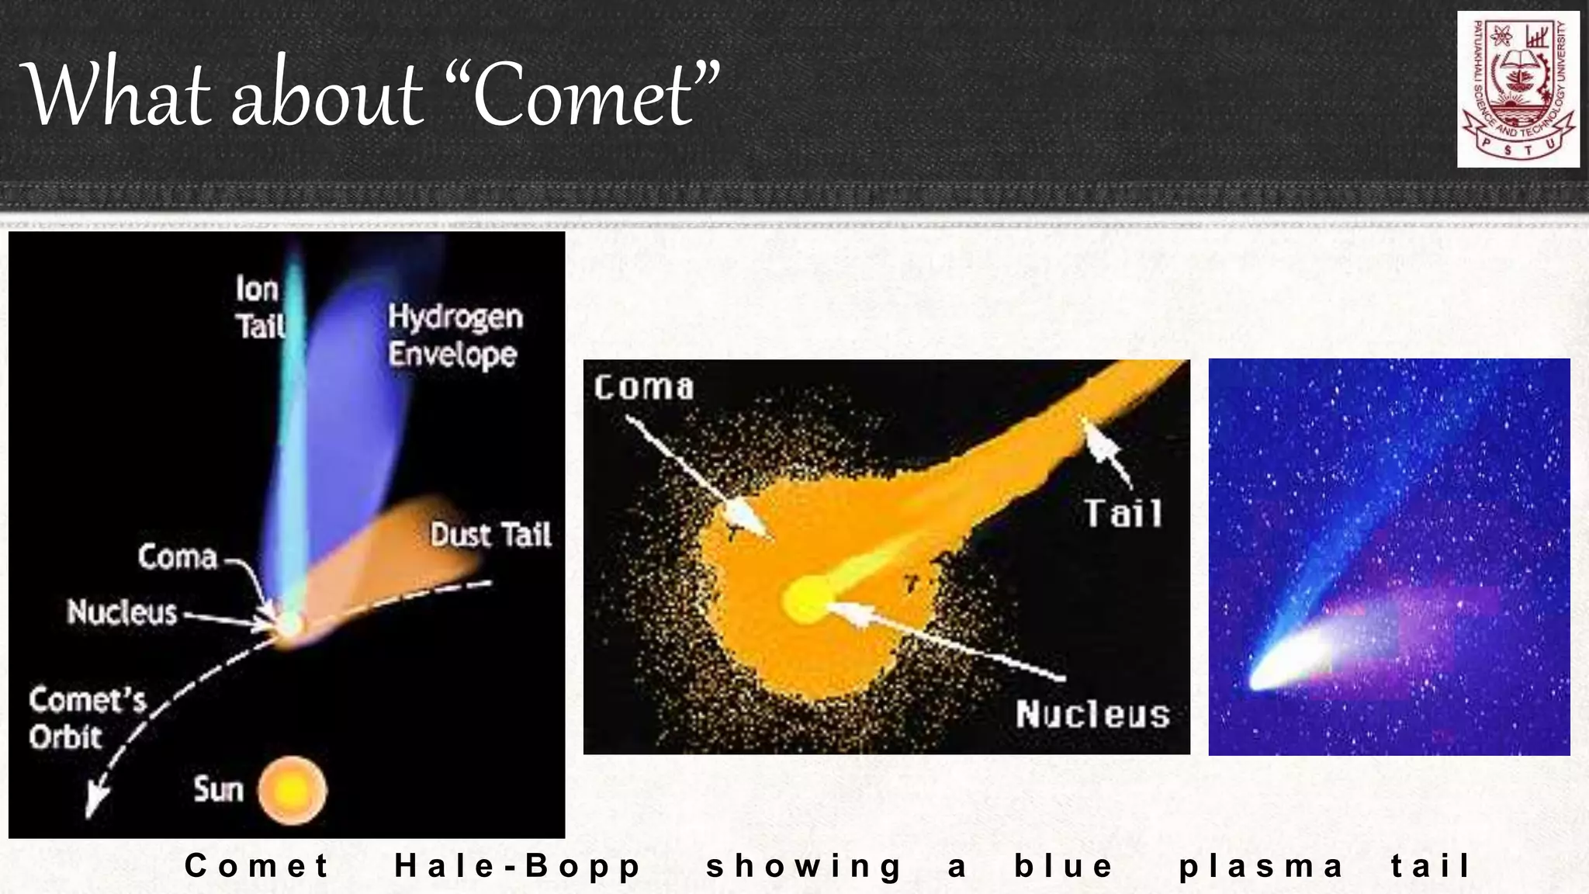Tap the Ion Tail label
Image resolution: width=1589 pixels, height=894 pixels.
tap(259, 307)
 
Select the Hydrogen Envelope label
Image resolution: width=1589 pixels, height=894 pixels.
tap(455, 335)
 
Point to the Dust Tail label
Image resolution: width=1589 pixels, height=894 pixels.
tap(490, 535)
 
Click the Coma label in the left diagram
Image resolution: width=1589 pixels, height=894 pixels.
tap(178, 557)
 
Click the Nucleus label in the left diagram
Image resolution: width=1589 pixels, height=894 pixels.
tap(122, 612)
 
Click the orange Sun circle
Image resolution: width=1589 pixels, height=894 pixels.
tap(293, 791)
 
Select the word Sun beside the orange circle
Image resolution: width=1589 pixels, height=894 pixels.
tap(218, 790)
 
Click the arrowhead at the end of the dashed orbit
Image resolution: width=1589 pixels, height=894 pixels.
tap(95, 804)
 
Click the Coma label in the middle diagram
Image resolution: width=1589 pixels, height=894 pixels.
tap(643, 387)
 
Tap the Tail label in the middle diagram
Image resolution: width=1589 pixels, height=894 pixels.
tap(1123, 514)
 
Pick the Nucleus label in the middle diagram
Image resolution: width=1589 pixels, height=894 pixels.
tap(1092, 714)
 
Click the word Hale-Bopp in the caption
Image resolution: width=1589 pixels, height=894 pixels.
tap(518, 866)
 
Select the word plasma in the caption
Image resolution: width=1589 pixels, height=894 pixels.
tap(1260, 866)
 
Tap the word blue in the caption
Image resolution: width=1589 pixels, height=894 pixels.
tap(1064, 866)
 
